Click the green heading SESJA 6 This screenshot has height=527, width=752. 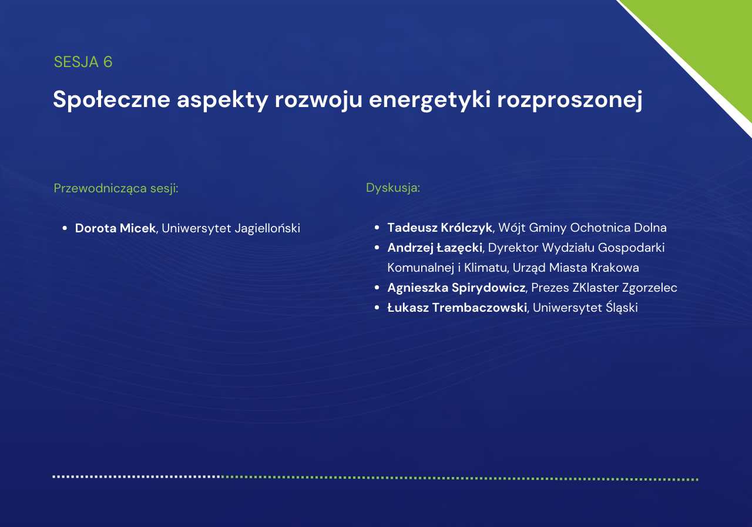pos(83,62)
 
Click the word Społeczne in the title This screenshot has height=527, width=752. pos(112,100)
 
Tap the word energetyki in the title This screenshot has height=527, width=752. pos(429,100)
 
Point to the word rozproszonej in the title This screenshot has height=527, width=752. pos(570,100)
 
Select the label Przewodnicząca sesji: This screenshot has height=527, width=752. pos(116,188)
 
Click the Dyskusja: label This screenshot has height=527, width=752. pos(393,188)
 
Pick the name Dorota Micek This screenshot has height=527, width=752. pos(115,228)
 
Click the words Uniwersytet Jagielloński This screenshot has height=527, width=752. pos(231,229)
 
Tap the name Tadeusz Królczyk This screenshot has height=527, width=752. pos(440,228)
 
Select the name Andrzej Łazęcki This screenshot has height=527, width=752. pos(435,248)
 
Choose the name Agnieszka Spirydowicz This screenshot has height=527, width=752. pos(456,288)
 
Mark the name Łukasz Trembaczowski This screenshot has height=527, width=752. pos(457,308)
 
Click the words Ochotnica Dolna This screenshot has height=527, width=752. pos(619,228)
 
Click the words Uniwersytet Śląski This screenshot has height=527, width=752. pos(585,308)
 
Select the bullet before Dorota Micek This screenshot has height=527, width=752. pos(65,229)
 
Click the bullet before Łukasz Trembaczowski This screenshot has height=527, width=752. pos(377,308)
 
